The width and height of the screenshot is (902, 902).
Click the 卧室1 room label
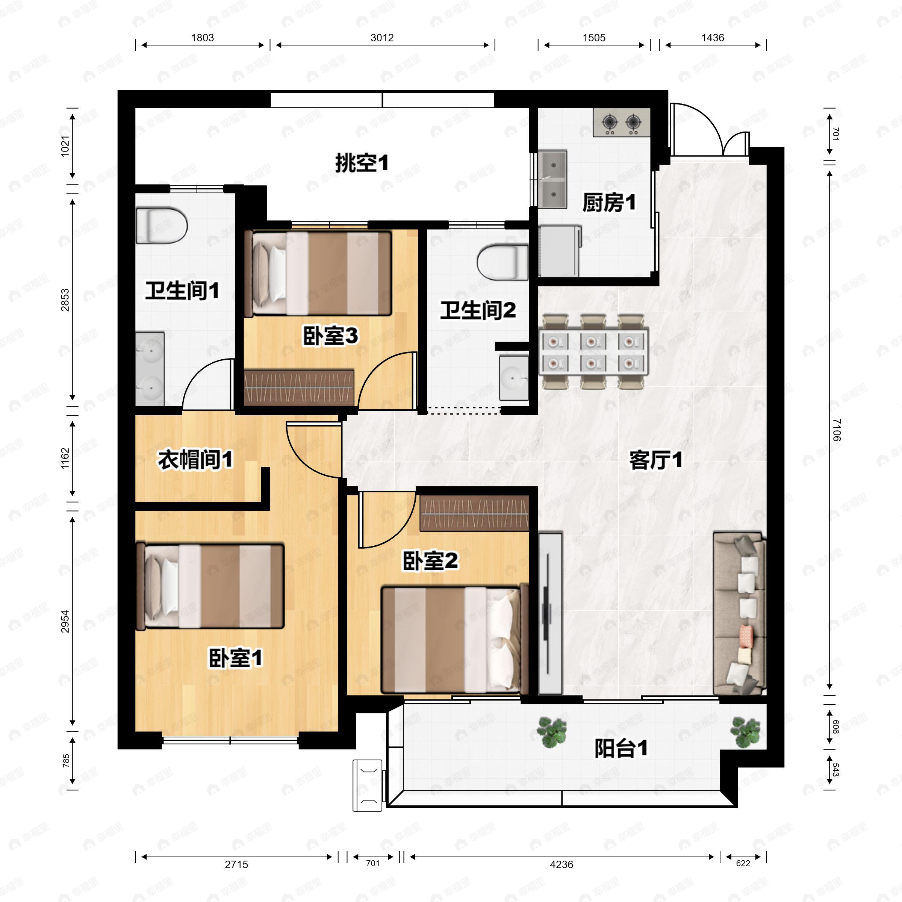(235, 658)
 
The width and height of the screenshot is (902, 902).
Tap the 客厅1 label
(655, 460)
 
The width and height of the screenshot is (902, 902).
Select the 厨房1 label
(609, 203)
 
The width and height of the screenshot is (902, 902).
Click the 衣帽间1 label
(195, 460)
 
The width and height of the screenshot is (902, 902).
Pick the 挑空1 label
(362, 163)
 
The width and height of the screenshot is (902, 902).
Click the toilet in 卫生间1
(161, 226)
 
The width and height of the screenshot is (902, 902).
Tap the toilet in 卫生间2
(503, 262)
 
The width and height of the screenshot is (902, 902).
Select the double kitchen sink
(553, 179)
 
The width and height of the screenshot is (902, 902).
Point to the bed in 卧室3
(318, 274)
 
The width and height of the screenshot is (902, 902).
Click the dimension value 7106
(836, 430)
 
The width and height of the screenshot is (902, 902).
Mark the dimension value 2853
(65, 300)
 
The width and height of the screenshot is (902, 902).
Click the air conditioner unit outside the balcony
(368, 785)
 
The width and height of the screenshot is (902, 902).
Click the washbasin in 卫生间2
(513, 377)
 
